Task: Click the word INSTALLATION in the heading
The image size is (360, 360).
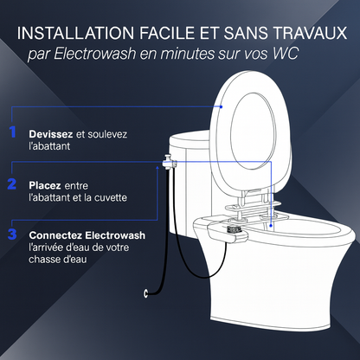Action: (75, 33)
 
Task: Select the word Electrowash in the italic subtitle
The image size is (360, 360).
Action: (95, 54)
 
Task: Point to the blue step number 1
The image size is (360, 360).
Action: (12, 132)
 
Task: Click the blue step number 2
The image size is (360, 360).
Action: (12, 183)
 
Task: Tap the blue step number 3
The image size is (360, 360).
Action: (12, 234)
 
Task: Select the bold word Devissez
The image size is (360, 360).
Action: (51, 134)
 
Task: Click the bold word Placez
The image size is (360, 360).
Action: (45, 185)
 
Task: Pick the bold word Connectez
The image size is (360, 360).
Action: (55, 235)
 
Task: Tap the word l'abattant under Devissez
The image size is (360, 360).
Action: (49, 146)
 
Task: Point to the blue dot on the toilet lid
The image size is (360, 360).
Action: (222, 106)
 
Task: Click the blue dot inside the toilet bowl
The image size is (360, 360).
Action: (271, 225)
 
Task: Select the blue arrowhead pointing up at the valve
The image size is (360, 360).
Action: (157, 168)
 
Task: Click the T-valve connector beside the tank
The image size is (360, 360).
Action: (169, 163)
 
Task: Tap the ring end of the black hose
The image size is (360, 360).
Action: (145, 293)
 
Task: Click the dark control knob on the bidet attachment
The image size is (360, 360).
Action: (235, 229)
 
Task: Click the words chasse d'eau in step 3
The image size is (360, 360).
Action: (58, 260)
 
